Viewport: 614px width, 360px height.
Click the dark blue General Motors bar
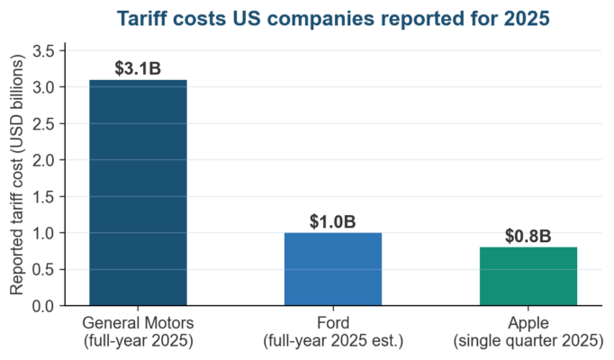139,193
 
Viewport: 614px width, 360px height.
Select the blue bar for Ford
333,269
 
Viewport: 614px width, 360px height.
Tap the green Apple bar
528,276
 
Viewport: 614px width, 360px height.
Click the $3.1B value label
138,68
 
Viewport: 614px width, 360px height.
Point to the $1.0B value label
333,221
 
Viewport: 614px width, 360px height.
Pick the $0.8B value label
528,236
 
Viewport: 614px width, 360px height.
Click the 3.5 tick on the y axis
43,51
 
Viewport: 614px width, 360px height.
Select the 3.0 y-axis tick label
43,87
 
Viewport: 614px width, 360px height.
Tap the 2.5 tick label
43,123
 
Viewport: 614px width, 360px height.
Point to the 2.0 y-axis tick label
43,160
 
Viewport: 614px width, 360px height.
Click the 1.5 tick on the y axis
43,196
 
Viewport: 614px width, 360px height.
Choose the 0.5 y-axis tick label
43,270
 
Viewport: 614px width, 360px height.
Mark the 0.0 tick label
43,306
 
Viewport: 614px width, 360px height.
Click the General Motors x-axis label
139,323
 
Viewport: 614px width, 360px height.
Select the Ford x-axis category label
333,323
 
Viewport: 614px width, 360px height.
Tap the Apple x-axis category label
528,323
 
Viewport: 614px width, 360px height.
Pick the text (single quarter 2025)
528,341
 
